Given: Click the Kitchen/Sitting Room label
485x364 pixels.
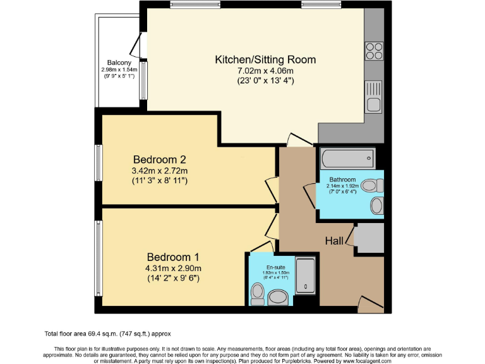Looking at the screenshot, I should (265, 59).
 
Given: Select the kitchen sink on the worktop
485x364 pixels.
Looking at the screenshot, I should (374, 97).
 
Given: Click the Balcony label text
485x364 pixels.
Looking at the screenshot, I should (119, 63).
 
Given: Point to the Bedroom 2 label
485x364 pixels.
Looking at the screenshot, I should (159, 159).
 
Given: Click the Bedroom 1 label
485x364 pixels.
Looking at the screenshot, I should (173, 257).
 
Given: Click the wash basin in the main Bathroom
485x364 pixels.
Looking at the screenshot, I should (376, 205).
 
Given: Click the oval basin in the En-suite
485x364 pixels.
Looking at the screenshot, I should (278, 297).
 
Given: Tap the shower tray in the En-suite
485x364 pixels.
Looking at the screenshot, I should (306, 277).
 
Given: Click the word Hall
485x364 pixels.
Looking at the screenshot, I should (334, 241).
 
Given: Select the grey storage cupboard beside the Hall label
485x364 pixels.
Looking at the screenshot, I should (369, 238).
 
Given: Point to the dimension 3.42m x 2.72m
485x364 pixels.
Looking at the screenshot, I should (159, 171).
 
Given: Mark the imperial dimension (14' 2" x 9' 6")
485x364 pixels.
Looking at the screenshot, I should (173, 279).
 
